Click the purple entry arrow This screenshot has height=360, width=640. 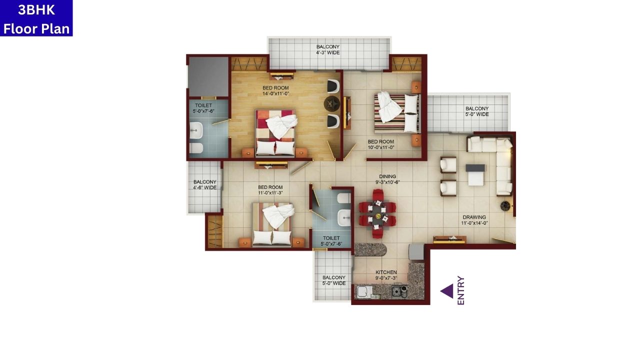(446, 291)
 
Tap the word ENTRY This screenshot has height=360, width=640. (460, 290)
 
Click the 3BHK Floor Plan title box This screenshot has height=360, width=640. (36, 18)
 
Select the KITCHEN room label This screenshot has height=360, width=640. (386, 272)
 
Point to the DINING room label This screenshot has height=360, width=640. (387, 176)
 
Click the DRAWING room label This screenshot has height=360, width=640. (474, 217)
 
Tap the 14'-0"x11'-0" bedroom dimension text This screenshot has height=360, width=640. (276, 93)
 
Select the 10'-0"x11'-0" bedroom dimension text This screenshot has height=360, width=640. (381, 147)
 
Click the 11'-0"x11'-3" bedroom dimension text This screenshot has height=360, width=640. (270, 193)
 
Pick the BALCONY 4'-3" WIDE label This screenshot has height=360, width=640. (327, 49)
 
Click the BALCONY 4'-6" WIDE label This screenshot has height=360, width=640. (205, 185)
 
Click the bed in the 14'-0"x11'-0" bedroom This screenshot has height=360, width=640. (275, 133)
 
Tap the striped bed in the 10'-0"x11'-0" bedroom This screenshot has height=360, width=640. (396, 113)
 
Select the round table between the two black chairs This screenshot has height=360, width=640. (331, 104)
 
